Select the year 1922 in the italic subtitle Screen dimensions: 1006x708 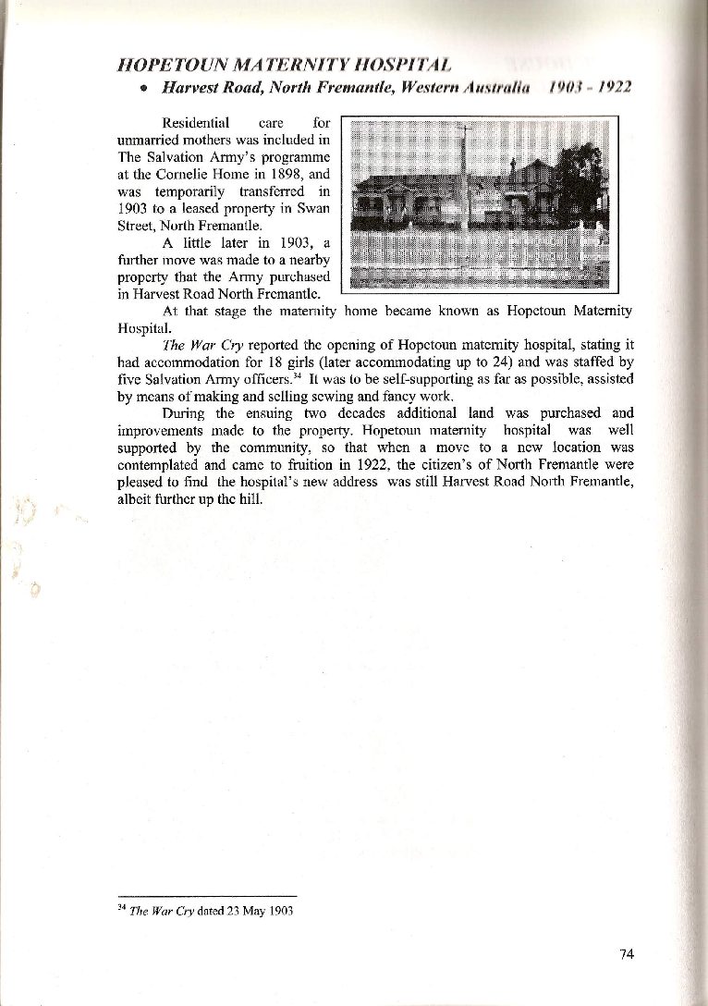coord(613,88)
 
